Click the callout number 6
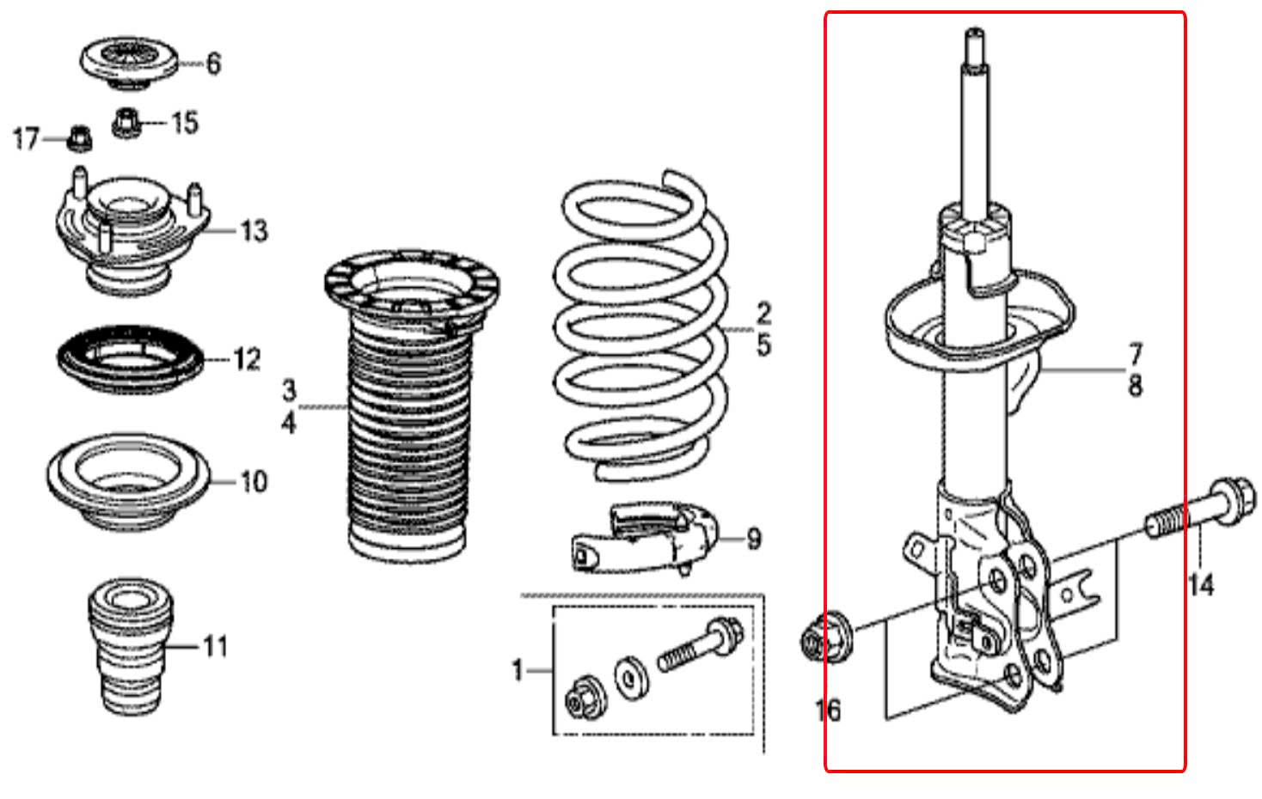coord(213,63)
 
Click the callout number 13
coord(254,230)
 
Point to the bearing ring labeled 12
coord(129,359)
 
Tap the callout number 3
coord(289,391)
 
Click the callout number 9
coord(753,540)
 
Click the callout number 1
coord(518,669)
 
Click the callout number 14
coord(1200,585)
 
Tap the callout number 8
coord(1135,387)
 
